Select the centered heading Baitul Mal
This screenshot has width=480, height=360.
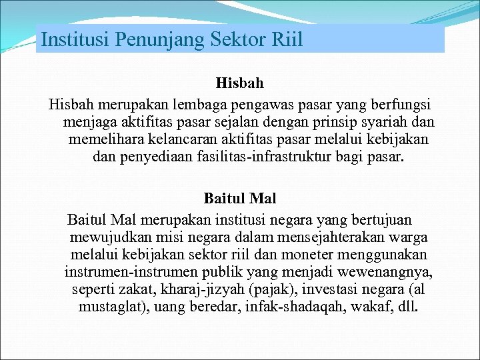[240, 198]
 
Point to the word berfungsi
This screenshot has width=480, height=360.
[397, 105]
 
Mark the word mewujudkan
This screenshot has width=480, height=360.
[104, 237]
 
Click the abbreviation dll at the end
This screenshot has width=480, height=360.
[405, 308]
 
